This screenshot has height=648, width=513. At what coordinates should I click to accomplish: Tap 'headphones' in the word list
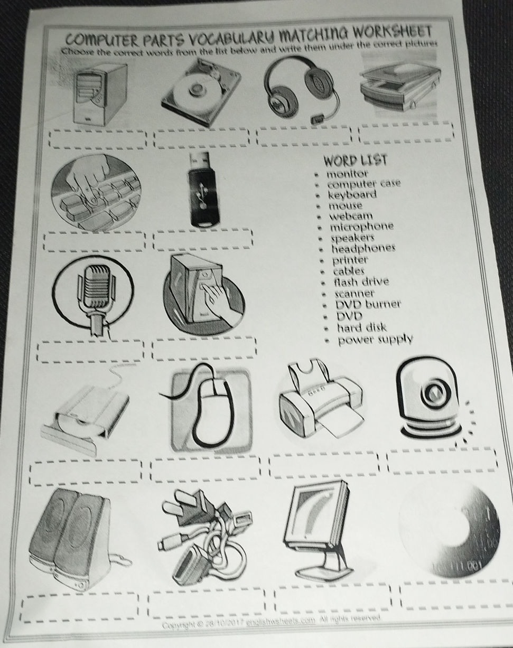pos(363,249)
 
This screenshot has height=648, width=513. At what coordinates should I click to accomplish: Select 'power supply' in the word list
pos(375,339)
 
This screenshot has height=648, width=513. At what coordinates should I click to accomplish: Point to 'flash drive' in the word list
pos(361,281)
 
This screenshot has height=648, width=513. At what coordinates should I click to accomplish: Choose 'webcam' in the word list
pos(351,216)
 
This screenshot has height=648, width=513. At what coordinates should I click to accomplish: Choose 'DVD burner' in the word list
pos(368,305)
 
